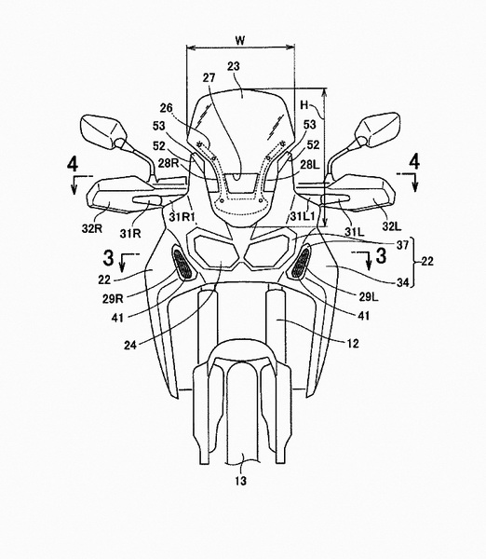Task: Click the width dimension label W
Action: tap(240, 40)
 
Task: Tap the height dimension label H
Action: tap(304, 104)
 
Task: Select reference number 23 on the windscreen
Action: tap(234, 66)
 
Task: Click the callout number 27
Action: tap(209, 77)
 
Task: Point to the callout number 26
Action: tap(166, 108)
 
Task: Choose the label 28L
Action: tap(309, 165)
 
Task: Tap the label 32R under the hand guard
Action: tap(91, 228)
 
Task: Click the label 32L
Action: tap(392, 225)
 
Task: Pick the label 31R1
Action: tap(181, 216)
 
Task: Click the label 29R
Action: tap(113, 298)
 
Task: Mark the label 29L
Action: tap(369, 296)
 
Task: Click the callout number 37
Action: tap(403, 244)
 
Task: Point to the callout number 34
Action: tap(403, 282)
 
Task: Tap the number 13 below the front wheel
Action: tap(240, 481)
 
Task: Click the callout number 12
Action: tap(352, 343)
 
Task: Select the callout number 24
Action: tap(130, 345)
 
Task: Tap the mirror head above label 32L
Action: tap(378, 130)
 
